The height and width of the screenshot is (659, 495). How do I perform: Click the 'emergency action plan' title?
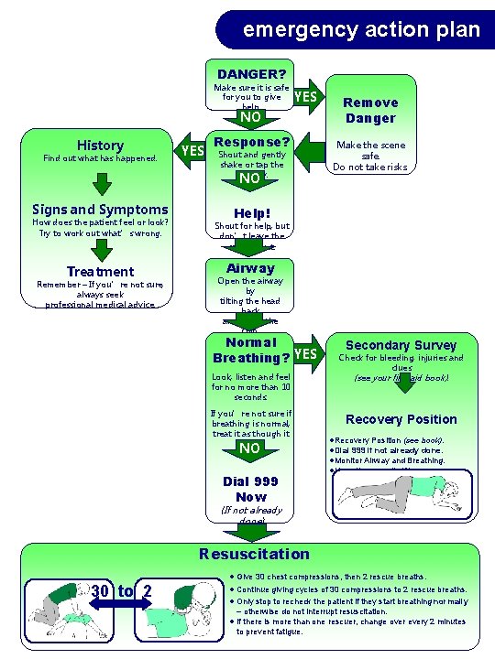361,29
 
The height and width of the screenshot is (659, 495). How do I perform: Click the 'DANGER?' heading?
251,73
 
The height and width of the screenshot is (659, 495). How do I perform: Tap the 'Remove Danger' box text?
370,110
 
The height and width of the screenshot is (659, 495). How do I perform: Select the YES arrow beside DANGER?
306,96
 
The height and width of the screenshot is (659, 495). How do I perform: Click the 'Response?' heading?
251,142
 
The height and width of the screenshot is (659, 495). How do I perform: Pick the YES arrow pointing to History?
192,150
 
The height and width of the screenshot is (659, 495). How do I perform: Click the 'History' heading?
100,146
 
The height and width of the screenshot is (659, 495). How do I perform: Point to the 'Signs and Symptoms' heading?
100,210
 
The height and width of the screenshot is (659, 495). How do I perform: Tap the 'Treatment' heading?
100,271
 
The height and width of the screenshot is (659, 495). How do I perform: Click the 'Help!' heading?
251,212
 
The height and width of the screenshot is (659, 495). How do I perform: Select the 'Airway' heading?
251,268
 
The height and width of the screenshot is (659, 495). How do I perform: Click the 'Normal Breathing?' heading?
251,350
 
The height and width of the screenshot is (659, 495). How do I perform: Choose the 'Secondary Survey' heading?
401,345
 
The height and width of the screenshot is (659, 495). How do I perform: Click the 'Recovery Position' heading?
401,419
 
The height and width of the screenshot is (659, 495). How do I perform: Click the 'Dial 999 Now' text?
251,489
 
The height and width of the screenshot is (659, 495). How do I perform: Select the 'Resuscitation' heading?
254,553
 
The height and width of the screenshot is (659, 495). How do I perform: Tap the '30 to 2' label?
121,590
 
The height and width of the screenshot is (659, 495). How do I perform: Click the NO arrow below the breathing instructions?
250,448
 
